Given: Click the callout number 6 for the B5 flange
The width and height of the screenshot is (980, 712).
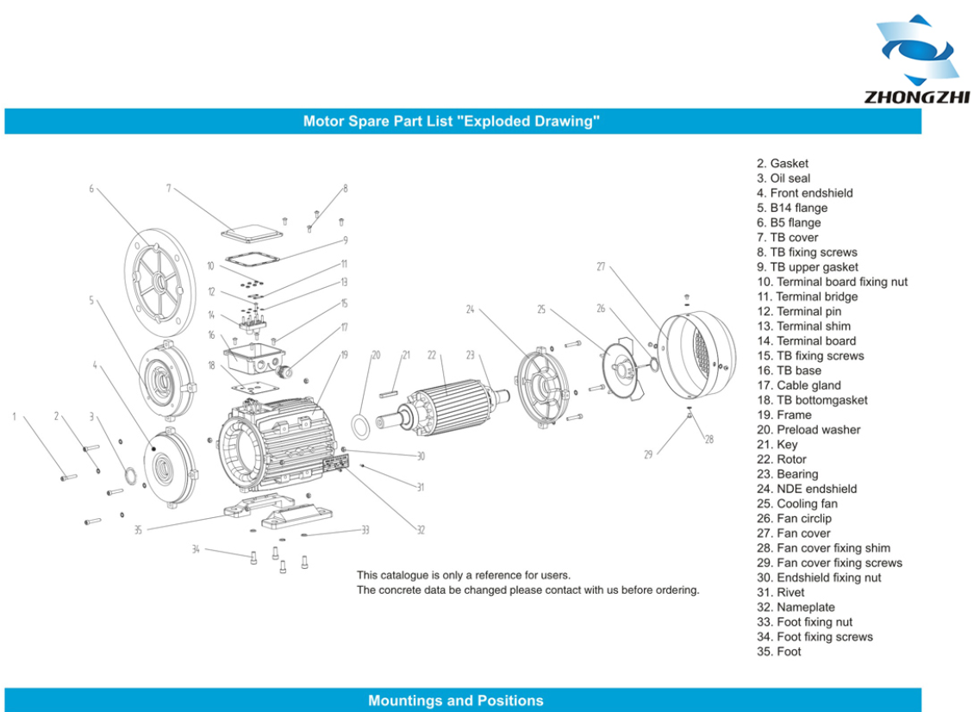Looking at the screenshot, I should click(91, 188).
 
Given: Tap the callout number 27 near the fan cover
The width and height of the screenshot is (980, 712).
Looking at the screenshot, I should click(601, 267).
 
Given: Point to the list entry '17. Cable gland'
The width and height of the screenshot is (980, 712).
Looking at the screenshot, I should click(798, 385).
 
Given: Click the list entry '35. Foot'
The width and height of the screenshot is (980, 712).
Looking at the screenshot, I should click(778, 652).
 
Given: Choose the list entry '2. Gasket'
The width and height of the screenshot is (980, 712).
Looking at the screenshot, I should click(783, 164).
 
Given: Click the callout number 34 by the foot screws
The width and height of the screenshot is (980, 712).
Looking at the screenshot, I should click(196, 549).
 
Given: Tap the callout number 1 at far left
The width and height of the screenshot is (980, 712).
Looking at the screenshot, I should click(14, 417).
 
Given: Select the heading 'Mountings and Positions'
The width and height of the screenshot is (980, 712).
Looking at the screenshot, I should click(455, 701).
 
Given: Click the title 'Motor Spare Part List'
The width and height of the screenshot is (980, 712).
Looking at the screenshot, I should click(451, 122).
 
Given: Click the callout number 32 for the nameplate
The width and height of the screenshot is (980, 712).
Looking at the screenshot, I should click(421, 530).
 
